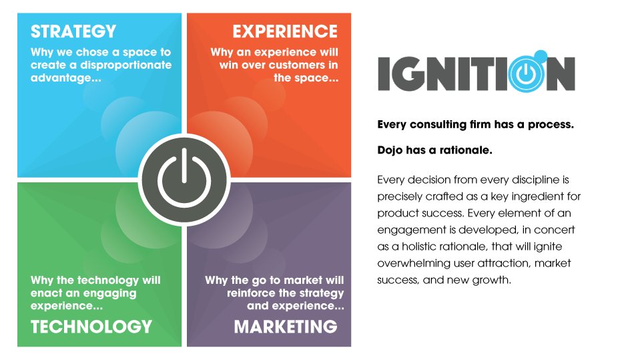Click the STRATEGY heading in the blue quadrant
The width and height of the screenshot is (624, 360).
click(x=73, y=31)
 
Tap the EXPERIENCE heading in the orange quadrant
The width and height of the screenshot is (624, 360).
click(x=285, y=31)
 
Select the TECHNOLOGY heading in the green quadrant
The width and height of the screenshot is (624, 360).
click(x=91, y=326)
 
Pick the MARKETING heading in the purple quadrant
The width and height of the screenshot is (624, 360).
click(x=286, y=326)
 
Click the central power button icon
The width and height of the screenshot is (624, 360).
click(x=184, y=180)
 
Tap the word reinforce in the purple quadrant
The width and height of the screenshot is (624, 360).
click(x=272, y=293)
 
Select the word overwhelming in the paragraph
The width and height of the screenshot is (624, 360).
click(x=412, y=263)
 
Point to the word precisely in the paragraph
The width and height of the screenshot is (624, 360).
click(x=398, y=196)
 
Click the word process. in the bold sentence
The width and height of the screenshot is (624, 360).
click(x=552, y=124)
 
